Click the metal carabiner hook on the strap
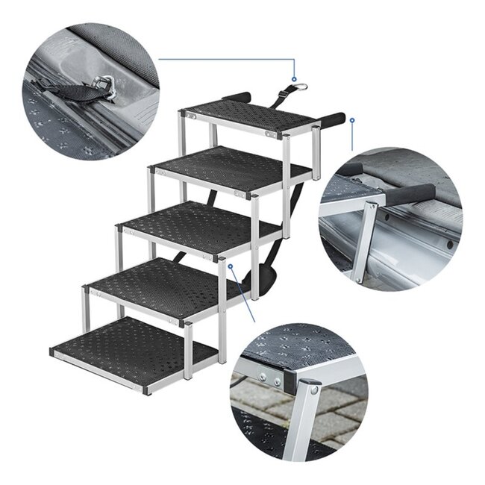[300, 88]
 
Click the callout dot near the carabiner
[295, 78]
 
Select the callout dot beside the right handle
[351, 119]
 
